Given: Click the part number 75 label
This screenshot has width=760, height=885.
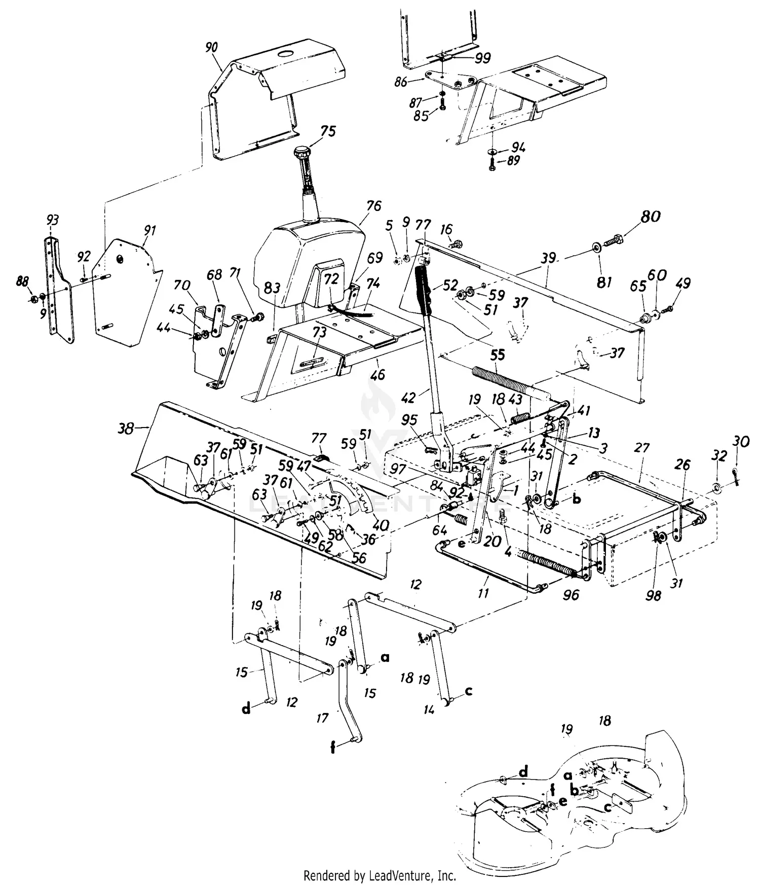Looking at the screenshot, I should click(328, 131).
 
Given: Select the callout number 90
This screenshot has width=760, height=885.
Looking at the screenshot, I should click(212, 47).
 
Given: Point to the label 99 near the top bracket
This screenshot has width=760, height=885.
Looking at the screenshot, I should click(482, 58).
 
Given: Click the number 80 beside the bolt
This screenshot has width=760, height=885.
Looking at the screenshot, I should click(650, 217).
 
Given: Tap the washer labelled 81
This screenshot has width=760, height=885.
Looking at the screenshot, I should click(596, 247).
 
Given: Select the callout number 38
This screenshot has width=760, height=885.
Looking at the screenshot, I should click(126, 429).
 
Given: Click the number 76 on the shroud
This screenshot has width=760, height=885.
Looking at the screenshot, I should click(373, 206).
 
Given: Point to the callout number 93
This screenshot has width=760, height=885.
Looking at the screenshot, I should click(52, 220).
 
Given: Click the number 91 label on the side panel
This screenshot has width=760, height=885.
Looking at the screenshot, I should click(149, 231).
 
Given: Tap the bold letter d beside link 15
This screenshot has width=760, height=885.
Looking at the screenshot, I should click(246, 709).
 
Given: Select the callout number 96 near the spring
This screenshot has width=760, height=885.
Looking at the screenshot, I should click(571, 594).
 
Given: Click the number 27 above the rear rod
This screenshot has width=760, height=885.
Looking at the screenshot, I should click(641, 448).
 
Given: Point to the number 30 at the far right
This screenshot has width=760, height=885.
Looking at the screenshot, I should click(741, 442).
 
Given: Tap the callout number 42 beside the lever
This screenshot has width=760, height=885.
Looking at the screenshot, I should click(423, 397).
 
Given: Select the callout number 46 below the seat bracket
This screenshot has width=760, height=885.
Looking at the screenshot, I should click(377, 375).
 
